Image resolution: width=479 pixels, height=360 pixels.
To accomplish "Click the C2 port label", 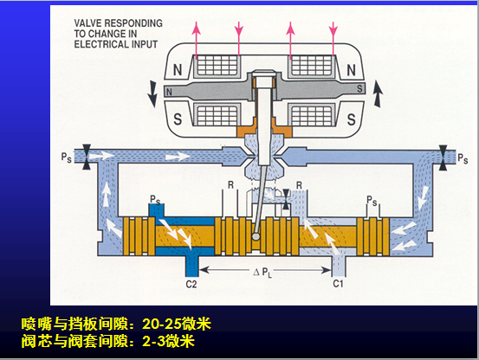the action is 191,285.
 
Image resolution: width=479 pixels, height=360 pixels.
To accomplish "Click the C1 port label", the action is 338,284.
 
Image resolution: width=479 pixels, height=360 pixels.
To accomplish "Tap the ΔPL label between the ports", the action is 262,272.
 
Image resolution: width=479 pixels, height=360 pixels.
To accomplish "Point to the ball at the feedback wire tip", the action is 256,236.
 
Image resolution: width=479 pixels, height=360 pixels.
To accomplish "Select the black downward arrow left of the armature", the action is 152,93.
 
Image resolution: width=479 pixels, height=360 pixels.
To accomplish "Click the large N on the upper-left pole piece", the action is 178,70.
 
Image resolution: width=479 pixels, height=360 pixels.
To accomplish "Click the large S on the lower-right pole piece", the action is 352,119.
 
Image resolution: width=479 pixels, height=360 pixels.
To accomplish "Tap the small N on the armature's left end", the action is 169,92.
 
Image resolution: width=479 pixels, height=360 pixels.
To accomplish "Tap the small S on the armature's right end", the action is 359,89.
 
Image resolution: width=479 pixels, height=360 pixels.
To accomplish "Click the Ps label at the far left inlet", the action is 67,157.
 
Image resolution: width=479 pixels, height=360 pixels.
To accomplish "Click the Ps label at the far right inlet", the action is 463,158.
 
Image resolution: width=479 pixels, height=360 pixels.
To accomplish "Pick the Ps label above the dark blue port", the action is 155,200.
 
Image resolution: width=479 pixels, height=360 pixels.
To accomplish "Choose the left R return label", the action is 230,185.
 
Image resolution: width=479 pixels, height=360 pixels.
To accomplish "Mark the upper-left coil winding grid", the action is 217,65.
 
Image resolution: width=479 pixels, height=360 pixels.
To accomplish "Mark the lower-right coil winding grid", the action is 312,116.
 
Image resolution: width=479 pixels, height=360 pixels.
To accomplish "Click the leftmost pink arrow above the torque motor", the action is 196,41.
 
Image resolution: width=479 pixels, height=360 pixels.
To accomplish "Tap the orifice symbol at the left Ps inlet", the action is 87,157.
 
